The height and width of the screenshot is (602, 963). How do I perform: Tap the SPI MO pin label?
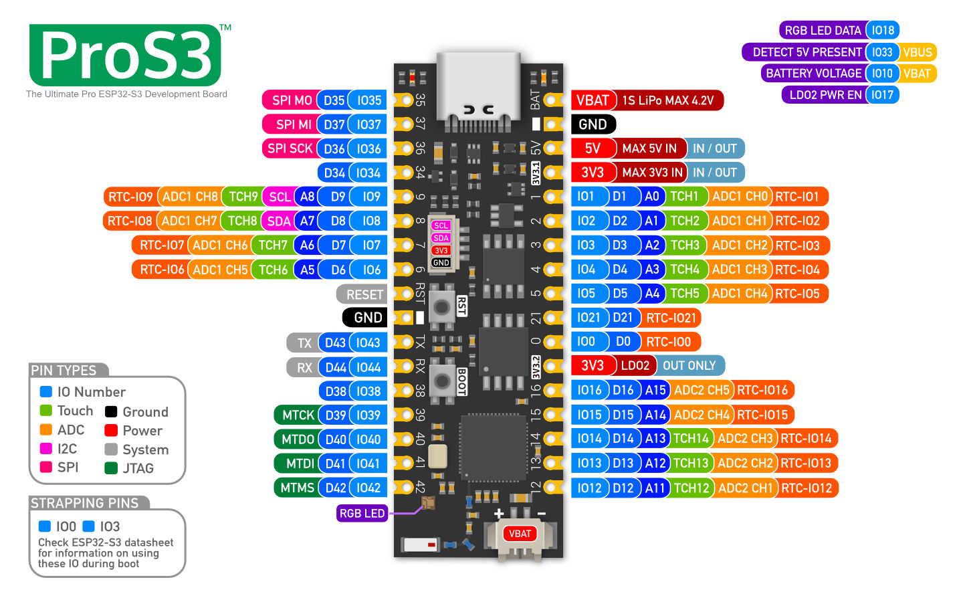(x=291, y=100)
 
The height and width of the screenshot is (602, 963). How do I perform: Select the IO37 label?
(x=368, y=124)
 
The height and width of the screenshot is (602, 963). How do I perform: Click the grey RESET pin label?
(x=364, y=294)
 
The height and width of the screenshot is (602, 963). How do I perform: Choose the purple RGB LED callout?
(x=362, y=513)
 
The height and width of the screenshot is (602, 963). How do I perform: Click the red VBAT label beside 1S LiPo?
(x=593, y=100)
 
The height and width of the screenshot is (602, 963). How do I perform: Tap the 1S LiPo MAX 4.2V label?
(x=667, y=100)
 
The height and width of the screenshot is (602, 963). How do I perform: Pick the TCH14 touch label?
(x=691, y=439)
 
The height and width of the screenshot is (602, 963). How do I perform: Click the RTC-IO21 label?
(x=671, y=318)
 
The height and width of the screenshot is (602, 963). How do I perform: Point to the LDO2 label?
(x=635, y=366)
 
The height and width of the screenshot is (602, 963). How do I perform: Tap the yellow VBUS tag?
(x=917, y=52)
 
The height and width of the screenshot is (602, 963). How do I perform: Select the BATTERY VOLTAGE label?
(x=813, y=74)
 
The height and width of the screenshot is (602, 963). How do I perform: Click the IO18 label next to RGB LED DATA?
(x=883, y=30)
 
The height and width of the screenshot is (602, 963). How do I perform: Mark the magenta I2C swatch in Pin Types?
(x=46, y=448)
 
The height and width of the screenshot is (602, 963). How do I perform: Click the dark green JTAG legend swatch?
(x=111, y=468)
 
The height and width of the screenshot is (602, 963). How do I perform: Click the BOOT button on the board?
(x=442, y=381)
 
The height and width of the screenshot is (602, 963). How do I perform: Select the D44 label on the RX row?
(x=335, y=367)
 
